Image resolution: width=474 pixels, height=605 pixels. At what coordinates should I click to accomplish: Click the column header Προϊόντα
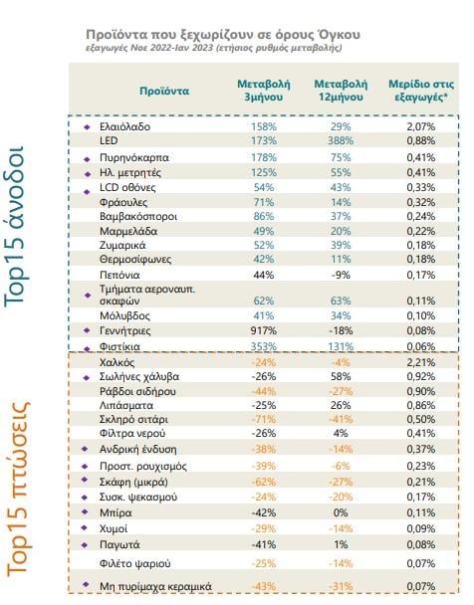click(x=164, y=92)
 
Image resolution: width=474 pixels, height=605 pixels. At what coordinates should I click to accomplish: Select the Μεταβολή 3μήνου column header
click(x=264, y=91)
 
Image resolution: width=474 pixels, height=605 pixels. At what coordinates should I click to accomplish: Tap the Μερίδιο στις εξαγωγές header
click(x=421, y=91)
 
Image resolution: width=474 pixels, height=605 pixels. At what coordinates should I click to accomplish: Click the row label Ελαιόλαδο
click(x=124, y=126)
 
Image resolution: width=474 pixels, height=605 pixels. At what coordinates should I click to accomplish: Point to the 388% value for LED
click(x=341, y=141)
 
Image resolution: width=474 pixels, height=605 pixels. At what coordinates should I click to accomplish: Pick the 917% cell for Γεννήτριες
click(x=265, y=330)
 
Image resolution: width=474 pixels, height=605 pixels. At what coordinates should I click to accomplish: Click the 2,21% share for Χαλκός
click(x=421, y=362)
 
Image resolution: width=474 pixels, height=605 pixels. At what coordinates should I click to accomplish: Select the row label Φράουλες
click(x=123, y=202)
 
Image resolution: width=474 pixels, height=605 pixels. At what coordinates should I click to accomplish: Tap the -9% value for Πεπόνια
click(x=341, y=275)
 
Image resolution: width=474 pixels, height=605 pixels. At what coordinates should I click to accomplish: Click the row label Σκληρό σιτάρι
click(x=133, y=419)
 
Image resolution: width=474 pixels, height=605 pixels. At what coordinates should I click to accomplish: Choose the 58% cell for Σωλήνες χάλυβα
click(x=341, y=376)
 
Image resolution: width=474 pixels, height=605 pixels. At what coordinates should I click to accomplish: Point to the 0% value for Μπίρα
click(x=341, y=512)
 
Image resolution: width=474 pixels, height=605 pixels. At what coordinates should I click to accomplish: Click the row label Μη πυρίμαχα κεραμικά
click(x=155, y=586)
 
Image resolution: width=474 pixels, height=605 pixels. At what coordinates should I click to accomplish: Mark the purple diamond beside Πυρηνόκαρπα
click(x=88, y=159)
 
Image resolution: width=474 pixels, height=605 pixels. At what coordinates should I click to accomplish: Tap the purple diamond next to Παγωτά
click(x=85, y=545)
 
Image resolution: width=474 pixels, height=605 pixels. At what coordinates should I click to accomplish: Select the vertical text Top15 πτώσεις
click(x=18, y=490)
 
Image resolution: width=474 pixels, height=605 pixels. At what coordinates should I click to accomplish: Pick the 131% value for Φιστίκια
click(x=341, y=346)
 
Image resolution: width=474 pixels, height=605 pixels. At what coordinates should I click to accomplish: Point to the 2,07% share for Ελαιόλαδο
click(x=421, y=126)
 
